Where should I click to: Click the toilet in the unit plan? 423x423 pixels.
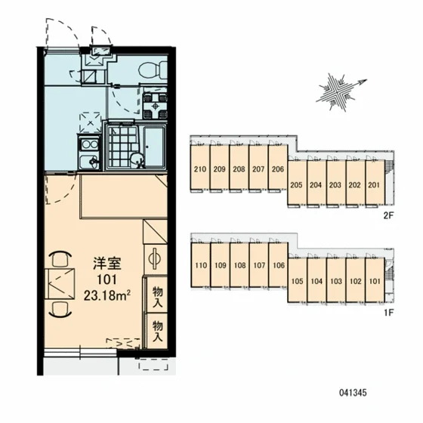[153, 69]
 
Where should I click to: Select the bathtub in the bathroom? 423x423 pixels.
[154, 147]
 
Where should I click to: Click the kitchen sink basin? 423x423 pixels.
[88, 161]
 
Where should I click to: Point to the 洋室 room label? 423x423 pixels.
[107, 264]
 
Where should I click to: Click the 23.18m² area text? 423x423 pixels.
[107, 295]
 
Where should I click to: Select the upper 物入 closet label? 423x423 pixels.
[157, 296]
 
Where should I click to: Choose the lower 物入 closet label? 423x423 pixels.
[157, 331]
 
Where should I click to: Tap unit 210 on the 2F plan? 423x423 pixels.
[200, 169]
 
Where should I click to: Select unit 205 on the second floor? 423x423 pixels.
[296, 185]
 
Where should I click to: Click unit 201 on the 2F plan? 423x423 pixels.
[374, 185]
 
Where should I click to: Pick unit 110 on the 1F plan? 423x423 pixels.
[201, 265]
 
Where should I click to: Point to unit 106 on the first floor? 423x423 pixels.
[279, 265]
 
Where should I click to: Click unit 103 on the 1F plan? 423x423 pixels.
[336, 281]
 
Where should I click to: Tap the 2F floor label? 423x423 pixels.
[388, 215]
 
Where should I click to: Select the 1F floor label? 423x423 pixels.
[388, 313]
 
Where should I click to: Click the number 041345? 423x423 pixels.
[353, 393]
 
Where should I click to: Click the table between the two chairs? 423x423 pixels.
[60, 283]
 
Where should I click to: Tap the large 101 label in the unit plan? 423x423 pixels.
[107, 279]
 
